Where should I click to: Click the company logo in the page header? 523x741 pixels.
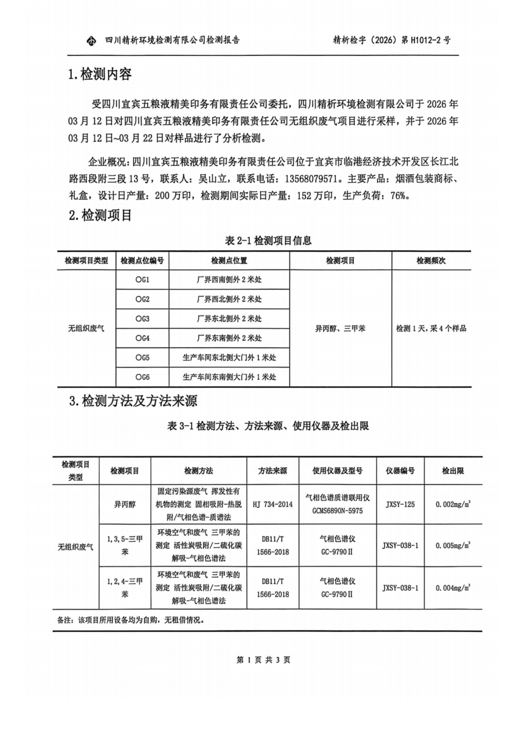click(91, 41)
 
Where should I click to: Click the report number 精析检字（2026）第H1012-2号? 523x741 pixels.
click(392, 41)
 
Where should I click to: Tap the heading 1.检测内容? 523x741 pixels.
click(100, 74)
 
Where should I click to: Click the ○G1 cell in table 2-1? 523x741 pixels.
click(142, 280)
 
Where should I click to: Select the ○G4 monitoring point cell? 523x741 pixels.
click(142, 338)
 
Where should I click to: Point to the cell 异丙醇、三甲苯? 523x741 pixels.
click(340, 328)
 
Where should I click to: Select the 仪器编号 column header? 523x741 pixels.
click(400, 471)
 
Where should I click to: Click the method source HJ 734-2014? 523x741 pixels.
click(272, 504)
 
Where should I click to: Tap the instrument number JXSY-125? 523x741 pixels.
click(400, 504)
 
